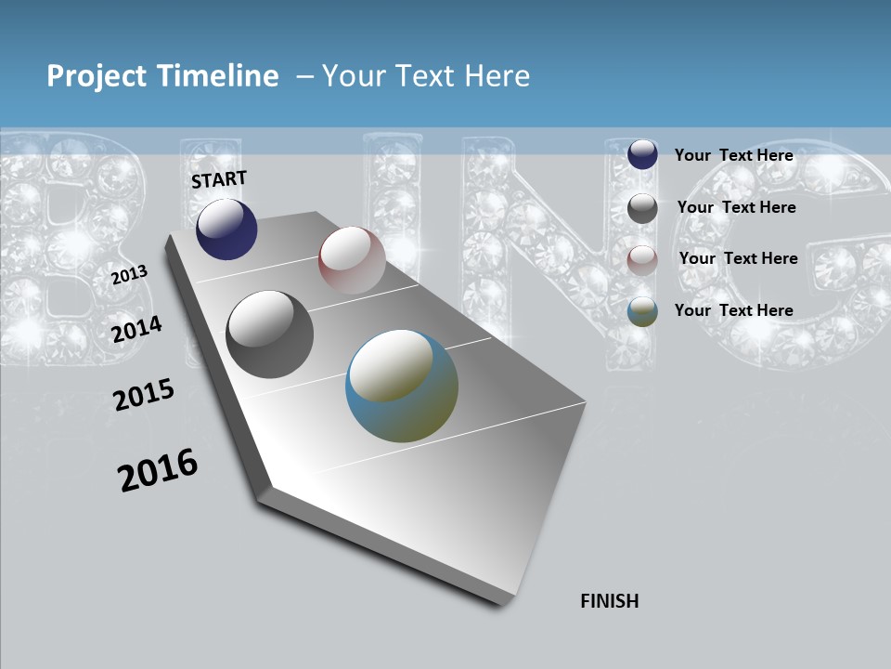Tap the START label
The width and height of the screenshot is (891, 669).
[x=219, y=179]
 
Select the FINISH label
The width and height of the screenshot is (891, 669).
[x=610, y=601]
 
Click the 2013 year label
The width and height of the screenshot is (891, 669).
[x=130, y=275]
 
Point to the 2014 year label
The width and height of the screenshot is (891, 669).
[x=137, y=329]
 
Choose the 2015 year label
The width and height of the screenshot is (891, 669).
[x=144, y=395]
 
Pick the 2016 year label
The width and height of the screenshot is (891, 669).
[x=158, y=469]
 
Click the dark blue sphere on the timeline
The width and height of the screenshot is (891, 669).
[x=226, y=229]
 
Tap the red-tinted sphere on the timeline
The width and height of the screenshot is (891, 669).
[x=352, y=259]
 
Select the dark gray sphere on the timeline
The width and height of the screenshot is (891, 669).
[x=270, y=334]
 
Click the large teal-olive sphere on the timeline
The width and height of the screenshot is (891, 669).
[x=402, y=386]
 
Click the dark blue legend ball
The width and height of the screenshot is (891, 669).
[x=642, y=154]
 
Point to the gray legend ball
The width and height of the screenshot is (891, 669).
[x=642, y=208]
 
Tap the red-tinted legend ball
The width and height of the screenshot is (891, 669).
[x=642, y=260]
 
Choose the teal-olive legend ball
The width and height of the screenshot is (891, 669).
[x=642, y=312]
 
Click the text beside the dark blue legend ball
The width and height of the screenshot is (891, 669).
[x=733, y=155]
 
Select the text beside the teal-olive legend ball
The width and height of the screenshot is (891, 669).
[x=733, y=310]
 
